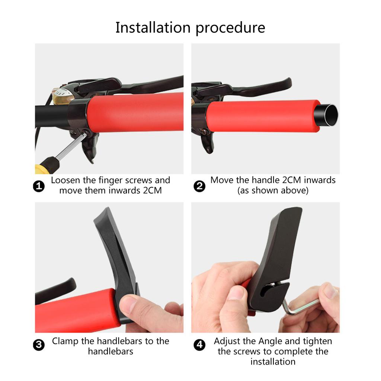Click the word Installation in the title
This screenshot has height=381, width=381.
153,27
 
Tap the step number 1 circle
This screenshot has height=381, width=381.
39,186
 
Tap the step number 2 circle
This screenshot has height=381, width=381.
199,186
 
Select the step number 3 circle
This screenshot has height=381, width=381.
39,345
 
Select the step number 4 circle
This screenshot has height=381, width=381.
199,345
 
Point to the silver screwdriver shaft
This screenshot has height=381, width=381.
70,146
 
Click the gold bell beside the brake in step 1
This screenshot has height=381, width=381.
62,96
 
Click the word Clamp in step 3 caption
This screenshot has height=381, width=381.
65,342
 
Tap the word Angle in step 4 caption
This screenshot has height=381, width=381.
270,342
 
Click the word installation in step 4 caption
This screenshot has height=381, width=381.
273,362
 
